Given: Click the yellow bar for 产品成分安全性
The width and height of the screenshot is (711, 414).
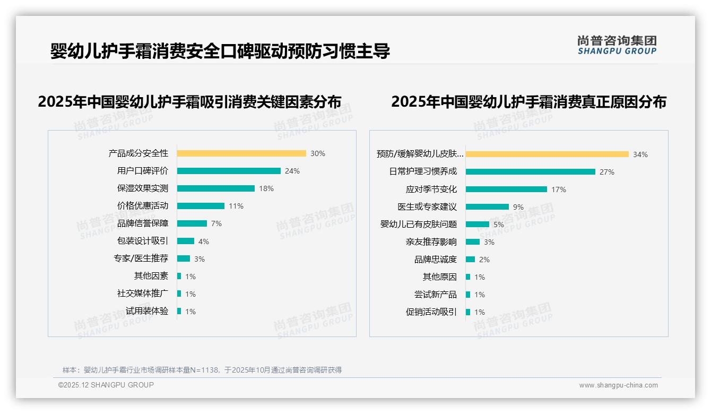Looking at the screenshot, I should click(x=241, y=153).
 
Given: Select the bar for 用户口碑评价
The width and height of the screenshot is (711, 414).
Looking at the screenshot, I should click(x=229, y=171).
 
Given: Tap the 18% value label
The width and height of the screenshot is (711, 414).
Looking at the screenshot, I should click(x=266, y=188).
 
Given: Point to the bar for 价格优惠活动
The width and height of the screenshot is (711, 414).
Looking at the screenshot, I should click(x=201, y=206).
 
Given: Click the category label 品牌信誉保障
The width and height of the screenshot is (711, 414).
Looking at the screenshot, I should click(x=143, y=223).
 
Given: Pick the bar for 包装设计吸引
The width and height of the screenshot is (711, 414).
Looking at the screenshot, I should click(x=186, y=241).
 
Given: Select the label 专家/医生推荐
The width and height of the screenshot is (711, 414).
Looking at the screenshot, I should click(x=141, y=258).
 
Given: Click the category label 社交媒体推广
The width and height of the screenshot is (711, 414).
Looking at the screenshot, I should click(x=143, y=294).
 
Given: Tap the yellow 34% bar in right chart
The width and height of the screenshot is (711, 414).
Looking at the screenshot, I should click(x=547, y=154).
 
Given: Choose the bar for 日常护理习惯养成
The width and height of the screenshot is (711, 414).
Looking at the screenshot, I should click(x=531, y=172).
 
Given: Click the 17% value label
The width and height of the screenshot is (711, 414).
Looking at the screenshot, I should click(x=559, y=189).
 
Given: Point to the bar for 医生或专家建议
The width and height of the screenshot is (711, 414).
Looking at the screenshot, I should click(x=487, y=207).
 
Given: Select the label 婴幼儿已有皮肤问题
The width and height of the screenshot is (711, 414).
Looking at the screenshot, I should click(x=419, y=225).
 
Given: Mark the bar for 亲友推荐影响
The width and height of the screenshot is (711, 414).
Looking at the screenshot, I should click(x=473, y=242).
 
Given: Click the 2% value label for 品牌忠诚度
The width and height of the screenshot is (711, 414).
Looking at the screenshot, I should click(x=484, y=260).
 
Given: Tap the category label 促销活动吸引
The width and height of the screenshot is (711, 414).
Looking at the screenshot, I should click(x=431, y=312).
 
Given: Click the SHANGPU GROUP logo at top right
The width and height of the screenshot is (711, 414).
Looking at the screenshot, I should click(x=617, y=45).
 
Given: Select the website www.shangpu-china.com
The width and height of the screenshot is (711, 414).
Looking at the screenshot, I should click(x=618, y=385).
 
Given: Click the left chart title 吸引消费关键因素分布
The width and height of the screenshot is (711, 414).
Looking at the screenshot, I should click(x=189, y=102).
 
